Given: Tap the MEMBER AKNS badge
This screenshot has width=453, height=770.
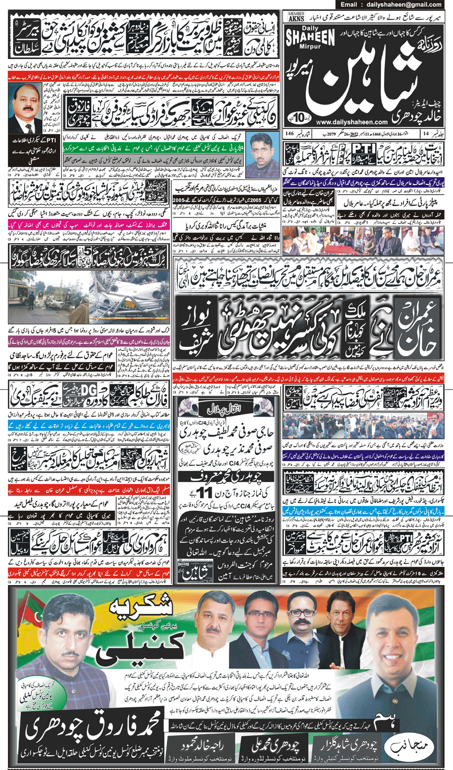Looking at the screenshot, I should point(296,17).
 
